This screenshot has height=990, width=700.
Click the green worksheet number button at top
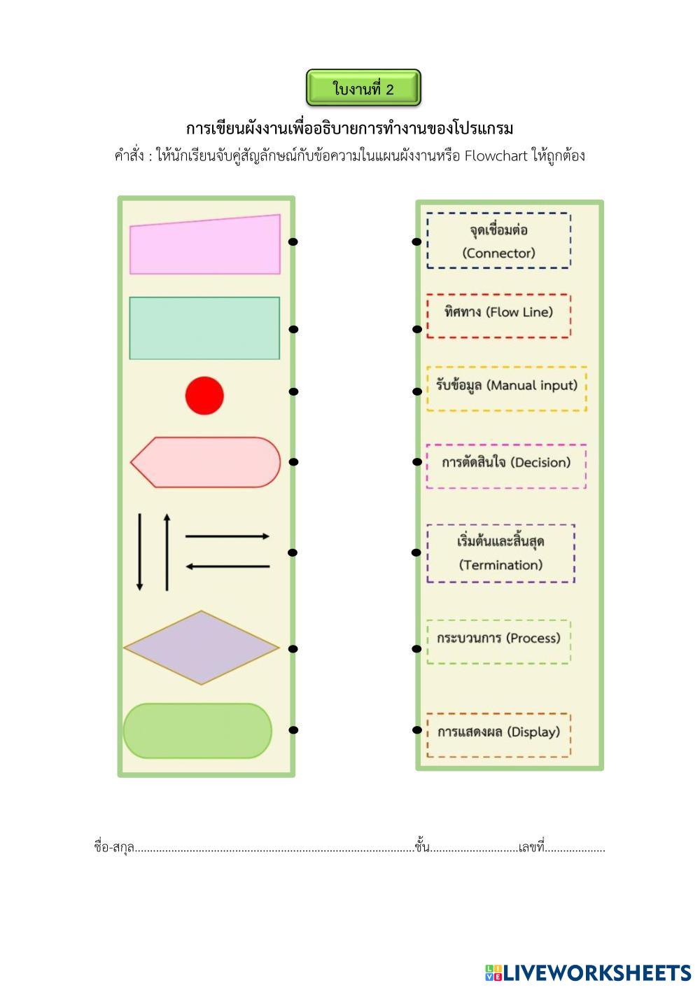coord(363,88)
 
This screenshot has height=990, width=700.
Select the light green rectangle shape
coord(204,328)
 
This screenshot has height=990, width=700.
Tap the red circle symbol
coord(204,396)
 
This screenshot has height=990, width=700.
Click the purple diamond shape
coord(202,648)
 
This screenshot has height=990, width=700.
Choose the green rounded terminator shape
coord(197,730)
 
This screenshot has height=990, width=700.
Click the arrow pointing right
coord(227,536)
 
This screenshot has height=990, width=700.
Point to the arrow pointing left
coord(227,566)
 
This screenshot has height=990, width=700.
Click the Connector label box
coord(498,241)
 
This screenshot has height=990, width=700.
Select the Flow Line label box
coord(498,316)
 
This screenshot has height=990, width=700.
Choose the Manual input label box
coord(506,388)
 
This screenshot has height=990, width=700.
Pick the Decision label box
coord(505,466)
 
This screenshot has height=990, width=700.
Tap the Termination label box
coord(500,553)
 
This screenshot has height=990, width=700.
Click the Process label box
coord(498,641)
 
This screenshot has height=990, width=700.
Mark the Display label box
coord(498,735)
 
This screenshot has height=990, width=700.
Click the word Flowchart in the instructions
coord(496,155)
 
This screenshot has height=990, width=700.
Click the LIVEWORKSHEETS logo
coord(588,972)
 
